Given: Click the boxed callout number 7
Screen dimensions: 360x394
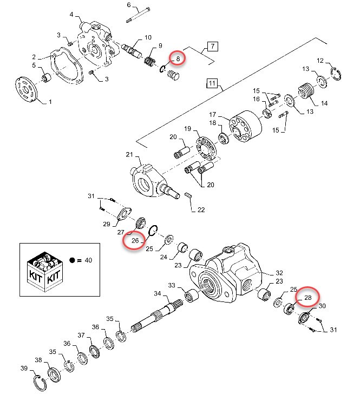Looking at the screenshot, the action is coord(213,47).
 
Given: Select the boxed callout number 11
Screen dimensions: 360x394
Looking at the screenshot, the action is coord(212,83).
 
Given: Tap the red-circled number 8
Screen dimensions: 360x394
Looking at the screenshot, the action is coord(178,59).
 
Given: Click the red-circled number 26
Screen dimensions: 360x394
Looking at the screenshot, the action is coord(135,240).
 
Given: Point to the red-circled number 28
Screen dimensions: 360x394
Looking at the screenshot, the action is coord(308,298).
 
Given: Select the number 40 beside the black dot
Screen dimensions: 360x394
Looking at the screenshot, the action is coord(88,260).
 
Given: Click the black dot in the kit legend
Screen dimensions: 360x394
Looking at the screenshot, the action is coord(72,260).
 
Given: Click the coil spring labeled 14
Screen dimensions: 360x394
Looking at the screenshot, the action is coord(306,91).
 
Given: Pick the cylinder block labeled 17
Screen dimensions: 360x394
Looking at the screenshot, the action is coord(246,127).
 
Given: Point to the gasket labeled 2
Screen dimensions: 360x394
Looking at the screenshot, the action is coord(66,65).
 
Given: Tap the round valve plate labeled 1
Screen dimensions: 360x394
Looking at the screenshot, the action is coord(26,89).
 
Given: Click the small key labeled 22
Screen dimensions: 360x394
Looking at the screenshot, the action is coord(188,195).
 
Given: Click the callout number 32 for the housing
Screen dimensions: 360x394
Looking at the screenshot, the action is coord(279,273).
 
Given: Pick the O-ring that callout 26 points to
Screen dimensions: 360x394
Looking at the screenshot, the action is coord(153,231).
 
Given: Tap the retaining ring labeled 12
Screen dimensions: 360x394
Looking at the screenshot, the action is coord(336,74).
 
